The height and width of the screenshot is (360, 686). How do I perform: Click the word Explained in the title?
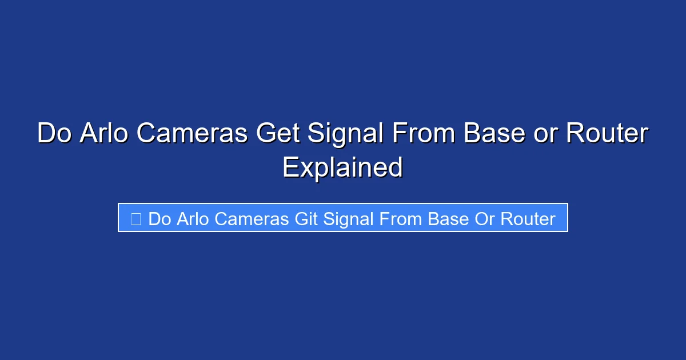click(343, 167)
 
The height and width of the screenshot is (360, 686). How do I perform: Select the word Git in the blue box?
click(306, 219)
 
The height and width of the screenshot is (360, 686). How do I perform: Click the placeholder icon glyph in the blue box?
click(135, 219)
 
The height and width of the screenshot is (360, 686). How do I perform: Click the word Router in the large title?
click(607, 134)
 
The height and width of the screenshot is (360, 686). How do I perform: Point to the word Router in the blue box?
click(528, 219)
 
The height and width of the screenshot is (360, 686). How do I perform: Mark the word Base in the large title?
click(494, 134)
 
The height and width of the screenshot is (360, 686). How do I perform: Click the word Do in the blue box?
click(159, 219)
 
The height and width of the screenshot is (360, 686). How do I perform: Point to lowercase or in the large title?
click(546, 134)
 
